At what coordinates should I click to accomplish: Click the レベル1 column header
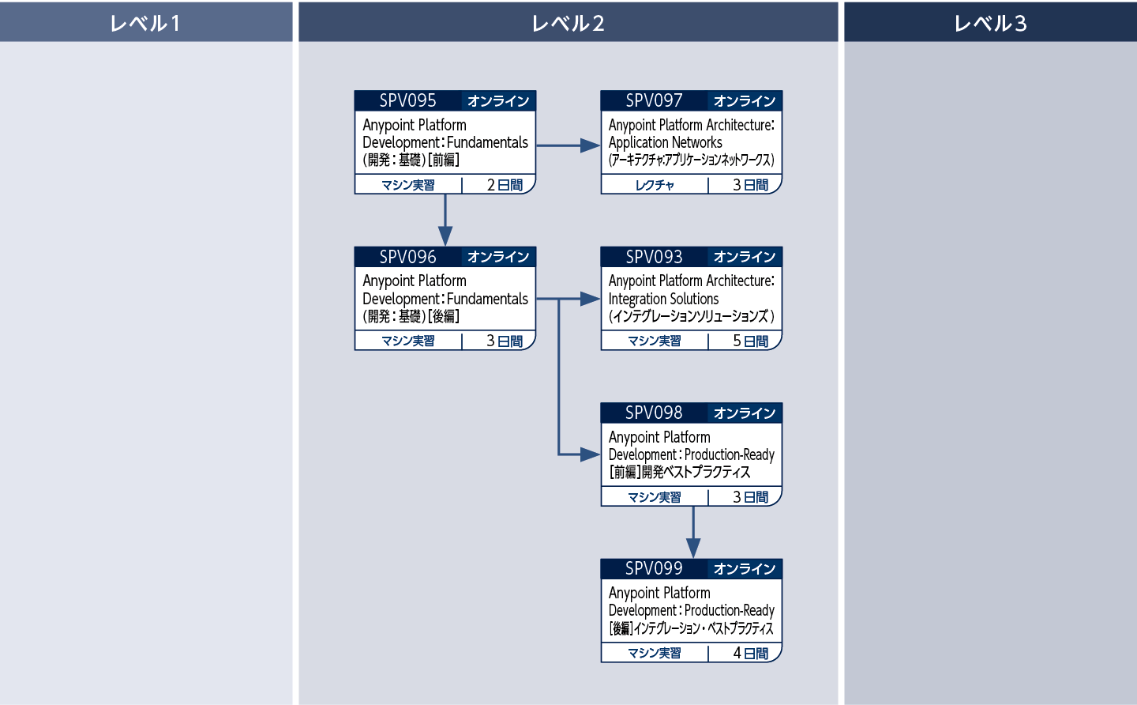(145, 23)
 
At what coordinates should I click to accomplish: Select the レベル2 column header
(568, 23)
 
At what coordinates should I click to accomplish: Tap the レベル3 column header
(990, 23)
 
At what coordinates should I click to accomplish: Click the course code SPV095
(407, 100)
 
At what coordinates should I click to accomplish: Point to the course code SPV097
(654, 100)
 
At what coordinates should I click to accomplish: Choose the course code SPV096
(407, 257)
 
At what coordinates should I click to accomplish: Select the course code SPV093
(654, 257)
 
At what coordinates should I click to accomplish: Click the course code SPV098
(654, 413)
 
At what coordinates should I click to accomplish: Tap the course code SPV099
(654, 568)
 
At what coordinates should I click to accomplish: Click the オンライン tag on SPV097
(744, 101)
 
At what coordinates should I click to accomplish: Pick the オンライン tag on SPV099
(744, 569)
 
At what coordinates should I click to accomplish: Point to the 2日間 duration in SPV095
(505, 185)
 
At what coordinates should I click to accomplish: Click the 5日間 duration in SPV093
(750, 341)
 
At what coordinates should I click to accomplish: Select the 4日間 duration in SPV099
(750, 653)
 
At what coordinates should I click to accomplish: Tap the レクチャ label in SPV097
(655, 185)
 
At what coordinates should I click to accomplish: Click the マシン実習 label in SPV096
(408, 341)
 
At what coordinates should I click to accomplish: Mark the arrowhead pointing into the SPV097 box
(590, 145)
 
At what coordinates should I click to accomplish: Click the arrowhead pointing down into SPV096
(445, 236)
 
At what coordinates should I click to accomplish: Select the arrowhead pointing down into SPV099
(693, 548)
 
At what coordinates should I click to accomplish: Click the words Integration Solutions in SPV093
(663, 299)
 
